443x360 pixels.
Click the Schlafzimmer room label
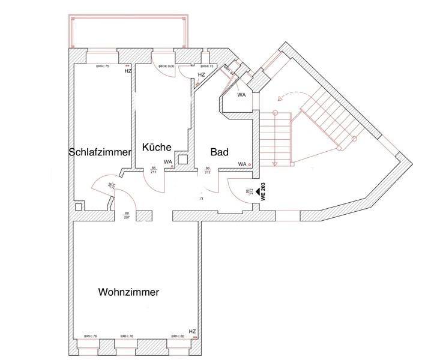pos(100,152)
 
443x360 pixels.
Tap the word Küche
pos(157,147)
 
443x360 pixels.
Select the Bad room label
pos(218,152)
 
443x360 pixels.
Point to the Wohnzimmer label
pos(128,293)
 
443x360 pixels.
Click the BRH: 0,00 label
pos(167,66)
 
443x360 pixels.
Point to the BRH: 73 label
pos(207,66)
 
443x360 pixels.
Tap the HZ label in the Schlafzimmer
pos(128,71)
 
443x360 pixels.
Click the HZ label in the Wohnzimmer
pos(192,331)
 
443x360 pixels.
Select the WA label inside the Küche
pos(168,162)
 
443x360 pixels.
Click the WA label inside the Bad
pos(243,164)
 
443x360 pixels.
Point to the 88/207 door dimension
pos(127,215)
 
